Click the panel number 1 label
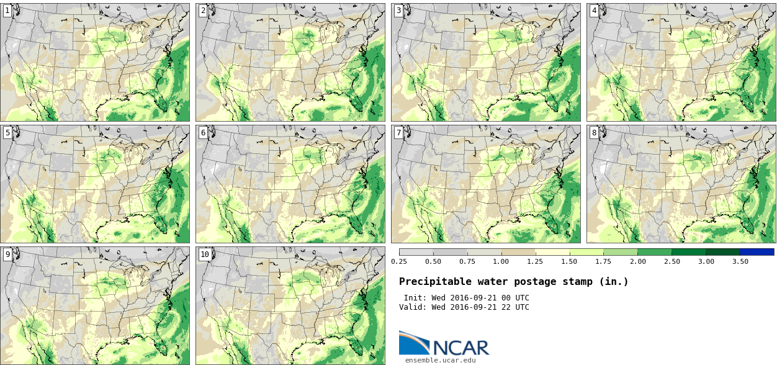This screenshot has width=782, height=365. pyautogui.click(x=7, y=11)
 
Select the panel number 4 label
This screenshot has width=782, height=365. pyautogui.click(x=594, y=11)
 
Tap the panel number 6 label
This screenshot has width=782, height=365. pyautogui.click(x=203, y=133)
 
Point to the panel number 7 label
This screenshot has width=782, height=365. pyautogui.click(x=398, y=133)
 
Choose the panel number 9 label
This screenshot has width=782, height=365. pyautogui.click(x=7, y=255)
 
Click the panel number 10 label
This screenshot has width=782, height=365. pyautogui.click(x=205, y=255)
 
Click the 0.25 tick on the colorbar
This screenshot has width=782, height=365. pyautogui.click(x=398, y=261)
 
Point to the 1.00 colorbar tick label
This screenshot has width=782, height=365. pyautogui.click(x=501, y=261)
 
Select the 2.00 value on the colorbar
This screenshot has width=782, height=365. pyautogui.click(x=637, y=261)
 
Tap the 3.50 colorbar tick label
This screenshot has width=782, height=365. pyautogui.click(x=740, y=261)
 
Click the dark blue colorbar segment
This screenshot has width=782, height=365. pyautogui.click(x=757, y=252)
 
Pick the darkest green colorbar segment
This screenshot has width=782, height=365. pyautogui.click(x=722, y=252)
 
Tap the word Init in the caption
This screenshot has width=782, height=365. pyautogui.click(x=414, y=298)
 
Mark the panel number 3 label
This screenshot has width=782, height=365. pyautogui.click(x=398, y=11)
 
